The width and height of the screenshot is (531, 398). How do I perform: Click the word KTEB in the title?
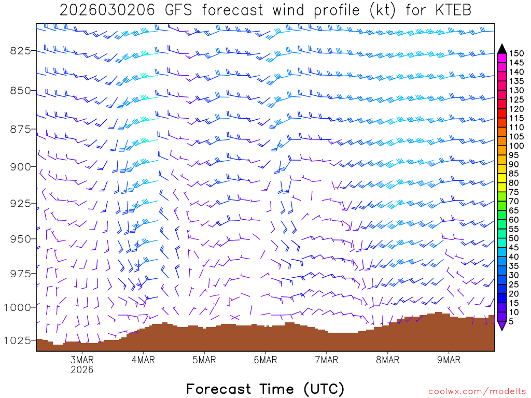[452, 10]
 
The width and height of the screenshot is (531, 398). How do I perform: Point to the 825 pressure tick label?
[20, 50]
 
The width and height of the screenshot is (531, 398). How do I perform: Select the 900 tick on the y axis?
[20, 166]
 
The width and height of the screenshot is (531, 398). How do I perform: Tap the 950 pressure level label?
[20, 239]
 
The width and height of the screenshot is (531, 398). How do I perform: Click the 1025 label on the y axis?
[17, 340]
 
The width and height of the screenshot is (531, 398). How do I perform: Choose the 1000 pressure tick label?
[17, 307]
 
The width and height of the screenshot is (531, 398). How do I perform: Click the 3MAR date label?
[82, 360]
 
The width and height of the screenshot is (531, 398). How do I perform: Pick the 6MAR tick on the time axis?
[265, 360]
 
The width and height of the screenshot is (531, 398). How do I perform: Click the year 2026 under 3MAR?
[82, 370]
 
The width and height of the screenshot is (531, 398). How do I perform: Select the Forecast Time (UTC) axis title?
[265, 389]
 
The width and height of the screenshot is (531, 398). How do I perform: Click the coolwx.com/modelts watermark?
[477, 391]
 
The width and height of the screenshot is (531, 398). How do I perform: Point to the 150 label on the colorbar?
[516, 53]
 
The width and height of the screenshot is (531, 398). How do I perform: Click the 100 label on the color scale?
[516, 146]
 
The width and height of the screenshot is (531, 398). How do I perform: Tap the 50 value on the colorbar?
[514, 238]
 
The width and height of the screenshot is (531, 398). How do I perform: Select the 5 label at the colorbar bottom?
[511, 321]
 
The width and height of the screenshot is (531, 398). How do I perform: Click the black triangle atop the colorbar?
[501, 49]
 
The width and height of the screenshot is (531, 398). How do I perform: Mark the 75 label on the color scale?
[514, 192]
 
